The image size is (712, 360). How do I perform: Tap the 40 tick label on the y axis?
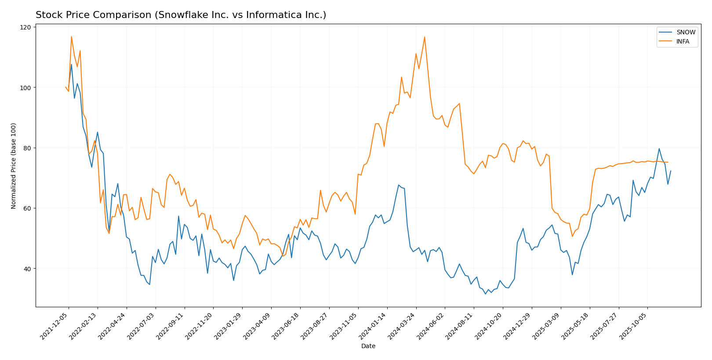[x=27, y=269]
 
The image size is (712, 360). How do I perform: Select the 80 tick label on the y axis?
[x=27, y=148]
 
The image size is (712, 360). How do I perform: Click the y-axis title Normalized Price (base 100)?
[x=14, y=166]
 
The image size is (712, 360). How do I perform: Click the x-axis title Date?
[x=368, y=346]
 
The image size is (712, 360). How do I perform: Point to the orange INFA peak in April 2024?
[x=425, y=37]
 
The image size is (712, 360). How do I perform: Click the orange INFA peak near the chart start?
[x=71, y=36]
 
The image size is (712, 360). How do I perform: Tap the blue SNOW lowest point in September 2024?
[x=485, y=294]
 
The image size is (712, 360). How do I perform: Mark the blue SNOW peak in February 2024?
[x=399, y=185]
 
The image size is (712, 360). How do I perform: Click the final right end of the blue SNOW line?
[x=671, y=171]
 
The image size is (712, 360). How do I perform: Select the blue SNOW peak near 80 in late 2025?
[x=659, y=149]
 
